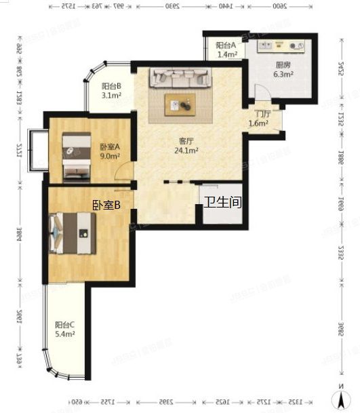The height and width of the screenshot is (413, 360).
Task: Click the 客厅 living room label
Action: [186, 141]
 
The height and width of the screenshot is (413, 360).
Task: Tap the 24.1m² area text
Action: [186, 151]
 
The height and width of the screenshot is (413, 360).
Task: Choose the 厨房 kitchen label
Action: [283, 66]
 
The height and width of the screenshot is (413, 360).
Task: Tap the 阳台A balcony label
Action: [226, 45]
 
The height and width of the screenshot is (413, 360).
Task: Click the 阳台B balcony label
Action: [111, 87]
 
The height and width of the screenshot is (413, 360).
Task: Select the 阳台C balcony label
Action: [65, 325]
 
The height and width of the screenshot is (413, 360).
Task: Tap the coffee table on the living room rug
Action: [181, 104]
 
